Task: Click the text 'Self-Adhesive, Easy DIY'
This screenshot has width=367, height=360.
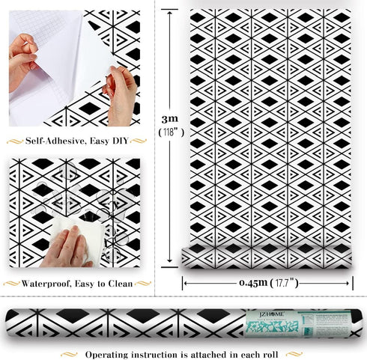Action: pos(77,140)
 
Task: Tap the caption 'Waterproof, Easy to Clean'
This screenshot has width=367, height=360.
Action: pos(77,284)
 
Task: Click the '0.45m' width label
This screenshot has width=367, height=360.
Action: pos(252,283)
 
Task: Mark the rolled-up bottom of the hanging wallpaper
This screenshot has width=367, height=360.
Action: pos(267,259)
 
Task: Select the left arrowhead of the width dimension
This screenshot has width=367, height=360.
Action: pos(186,283)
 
